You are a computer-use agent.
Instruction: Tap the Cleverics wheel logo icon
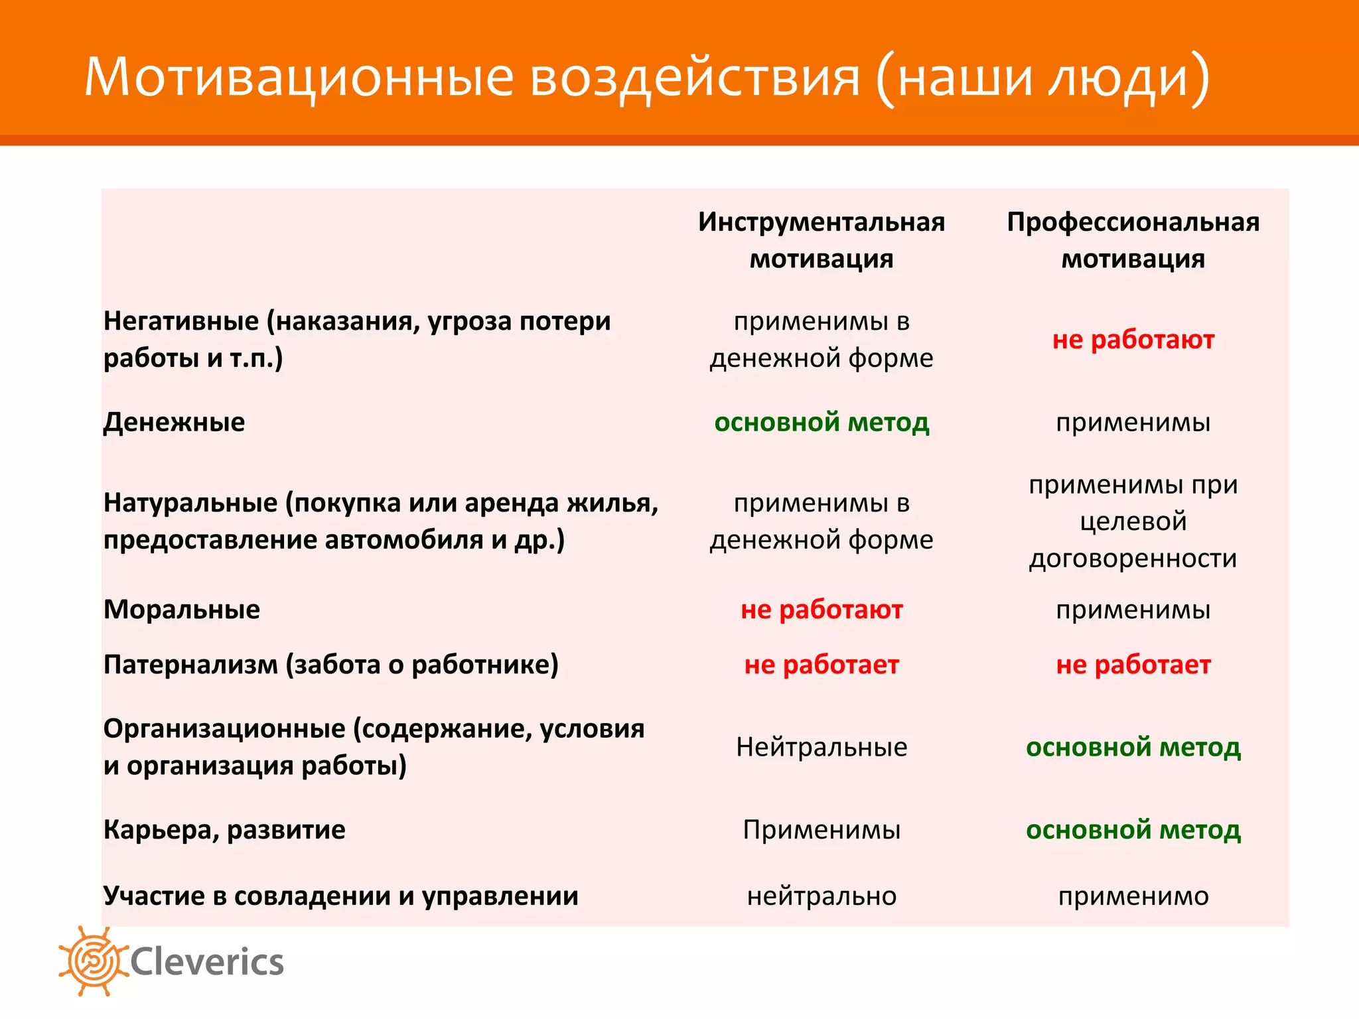tap(92, 961)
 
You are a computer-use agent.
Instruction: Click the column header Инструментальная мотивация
tap(822, 240)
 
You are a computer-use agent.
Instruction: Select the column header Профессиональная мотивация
tap(1133, 240)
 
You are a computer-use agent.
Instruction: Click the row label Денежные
tap(175, 423)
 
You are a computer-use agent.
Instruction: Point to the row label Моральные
tap(182, 610)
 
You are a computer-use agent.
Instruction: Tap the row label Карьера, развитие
tap(224, 830)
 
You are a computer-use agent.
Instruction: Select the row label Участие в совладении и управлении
tap(341, 896)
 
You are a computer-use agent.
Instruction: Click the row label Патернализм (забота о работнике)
tap(331, 665)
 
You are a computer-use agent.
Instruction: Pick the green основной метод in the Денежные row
tap(822, 423)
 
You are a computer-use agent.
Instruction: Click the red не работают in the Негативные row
tap(1133, 340)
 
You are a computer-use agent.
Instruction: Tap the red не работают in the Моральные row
tap(822, 610)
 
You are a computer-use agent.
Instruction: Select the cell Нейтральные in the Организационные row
tap(822, 748)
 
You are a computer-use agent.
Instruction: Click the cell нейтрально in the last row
tap(822, 896)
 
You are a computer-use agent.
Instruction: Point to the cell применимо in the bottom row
tap(1133, 896)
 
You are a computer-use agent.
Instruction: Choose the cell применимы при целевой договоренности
tap(1133, 521)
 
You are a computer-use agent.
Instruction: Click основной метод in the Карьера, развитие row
tap(1133, 830)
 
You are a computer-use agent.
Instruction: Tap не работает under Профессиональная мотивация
tap(1133, 665)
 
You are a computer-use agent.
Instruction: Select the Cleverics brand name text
tap(207, 963)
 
